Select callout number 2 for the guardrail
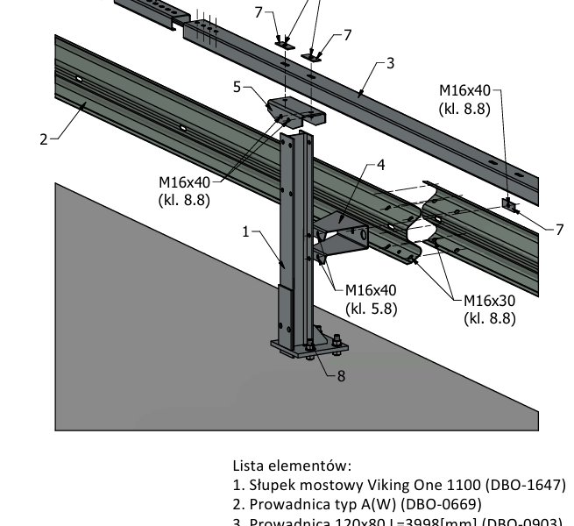click(43, 139)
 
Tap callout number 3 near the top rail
click(390, 62)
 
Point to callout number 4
click(380, 164)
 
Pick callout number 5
click(237, 87)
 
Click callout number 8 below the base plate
click(341, 375)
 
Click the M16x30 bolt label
click(489, 300)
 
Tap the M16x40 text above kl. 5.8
click(371, 290)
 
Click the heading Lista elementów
click(292, 465)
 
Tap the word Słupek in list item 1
click(270, 485)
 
